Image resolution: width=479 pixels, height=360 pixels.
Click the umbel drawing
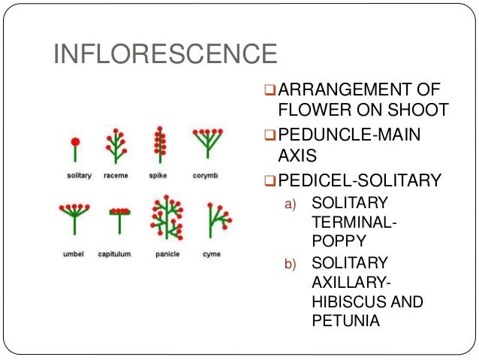(x=75, y=219)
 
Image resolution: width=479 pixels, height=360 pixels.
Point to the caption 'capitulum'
(x=114, y=255)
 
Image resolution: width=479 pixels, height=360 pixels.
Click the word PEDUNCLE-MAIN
(x=348, y=135)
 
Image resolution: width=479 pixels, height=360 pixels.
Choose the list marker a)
(x=290, y=204)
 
